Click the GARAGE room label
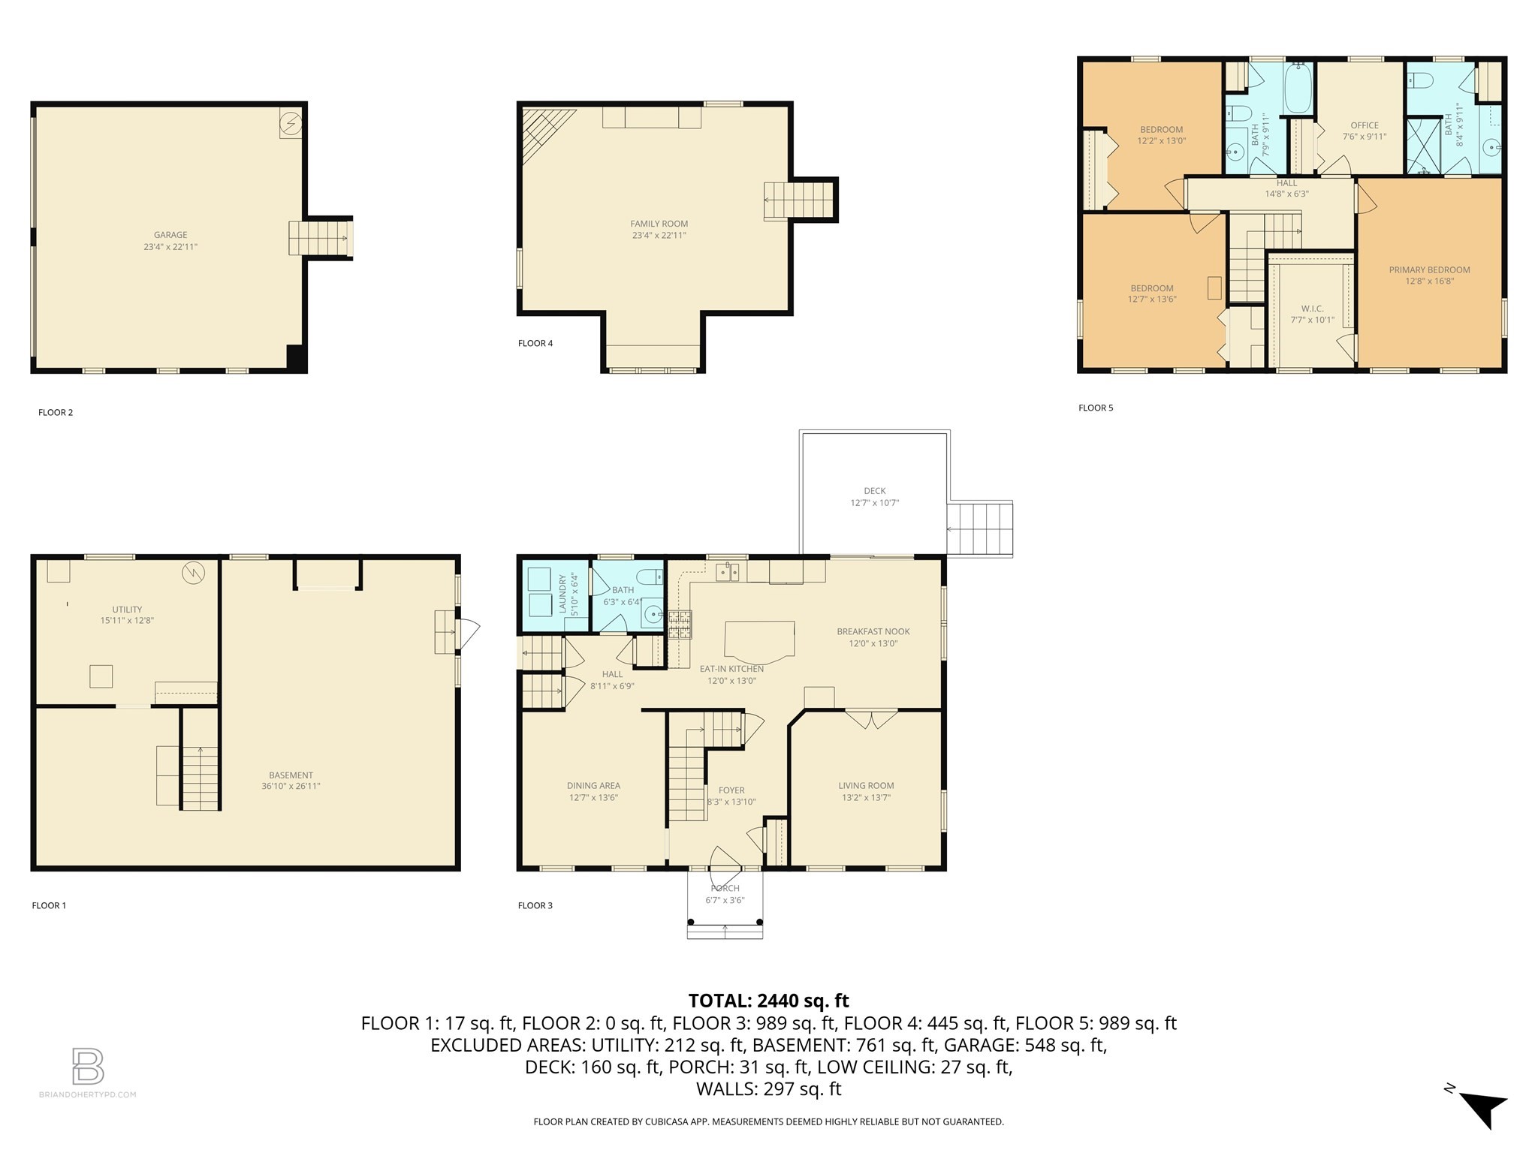point(170,235)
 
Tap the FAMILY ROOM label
point(659,224)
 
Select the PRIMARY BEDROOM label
point(1429,270)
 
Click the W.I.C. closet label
point(1312,309)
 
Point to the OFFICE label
point(1364,125)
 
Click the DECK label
point(874,491)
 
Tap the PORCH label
point(725,888)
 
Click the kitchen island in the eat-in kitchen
point(759,641)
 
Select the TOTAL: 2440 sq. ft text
point(768,1001)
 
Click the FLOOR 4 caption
point(535,344)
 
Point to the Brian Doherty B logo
point(88,1066)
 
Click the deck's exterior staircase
point(979,529)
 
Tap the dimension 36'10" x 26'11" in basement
point(291,787)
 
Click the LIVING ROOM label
point(866,786)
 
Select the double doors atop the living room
point(871,718)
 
